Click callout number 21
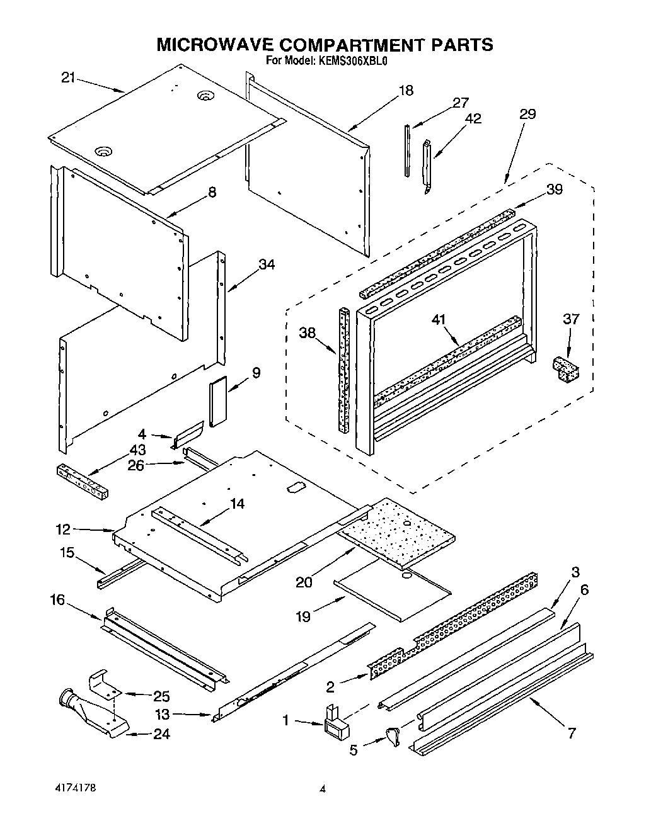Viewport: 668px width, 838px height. click(x=68, y=78)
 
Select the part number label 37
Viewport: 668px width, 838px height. click(x=571, y=320)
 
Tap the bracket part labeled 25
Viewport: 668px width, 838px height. click(x=105, y=683)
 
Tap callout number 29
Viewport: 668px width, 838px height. click(x=527, y=114)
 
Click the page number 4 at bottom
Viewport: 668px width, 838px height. click(x=322, y=789)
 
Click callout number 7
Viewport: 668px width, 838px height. click(x=572, y=733)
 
